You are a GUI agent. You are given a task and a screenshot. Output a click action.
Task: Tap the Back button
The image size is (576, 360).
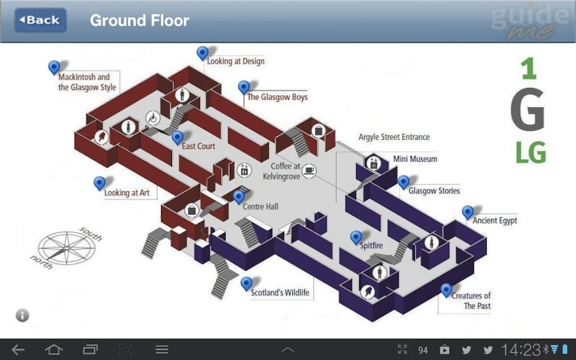tap(40, 20)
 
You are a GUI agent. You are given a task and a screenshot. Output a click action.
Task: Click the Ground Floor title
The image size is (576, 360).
tap(140, 20)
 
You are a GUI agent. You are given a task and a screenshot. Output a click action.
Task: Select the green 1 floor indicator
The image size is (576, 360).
tap(529, 69)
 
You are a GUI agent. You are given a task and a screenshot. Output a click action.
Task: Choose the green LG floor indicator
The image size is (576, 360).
tap(531, 152)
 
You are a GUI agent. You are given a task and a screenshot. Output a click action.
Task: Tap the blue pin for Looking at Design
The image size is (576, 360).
tap(202, 53)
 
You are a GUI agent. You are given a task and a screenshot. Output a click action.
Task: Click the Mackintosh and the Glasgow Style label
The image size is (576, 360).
tap(87, 82)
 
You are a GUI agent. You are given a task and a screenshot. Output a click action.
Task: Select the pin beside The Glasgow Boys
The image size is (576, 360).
tap(243, 88)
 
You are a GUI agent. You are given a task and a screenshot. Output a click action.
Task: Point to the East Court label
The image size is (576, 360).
tap(198, 146)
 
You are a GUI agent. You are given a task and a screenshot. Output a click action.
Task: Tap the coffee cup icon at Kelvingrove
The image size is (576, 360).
tap(309, 171)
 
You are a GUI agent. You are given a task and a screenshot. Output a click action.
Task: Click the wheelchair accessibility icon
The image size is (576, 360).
tap(153, 118)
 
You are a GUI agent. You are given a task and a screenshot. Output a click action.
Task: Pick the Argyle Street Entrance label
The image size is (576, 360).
tap(394, 137)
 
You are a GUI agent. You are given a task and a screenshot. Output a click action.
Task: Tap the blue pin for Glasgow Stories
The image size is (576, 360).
tap(403, 182)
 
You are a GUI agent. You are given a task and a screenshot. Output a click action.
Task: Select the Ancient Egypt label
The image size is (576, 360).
tap(494, 220)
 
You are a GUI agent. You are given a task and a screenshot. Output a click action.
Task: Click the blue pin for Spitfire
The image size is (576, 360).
tap(356, 238)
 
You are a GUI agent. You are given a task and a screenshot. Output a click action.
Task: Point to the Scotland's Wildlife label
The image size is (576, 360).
tap(280, 293)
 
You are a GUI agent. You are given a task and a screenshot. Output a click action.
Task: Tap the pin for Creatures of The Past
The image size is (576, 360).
tap(446, 291)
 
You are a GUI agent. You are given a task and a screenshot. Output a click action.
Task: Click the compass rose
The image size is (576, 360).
tap(67, 248)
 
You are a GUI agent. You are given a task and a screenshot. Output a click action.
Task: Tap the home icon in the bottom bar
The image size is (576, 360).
tap(54, 349)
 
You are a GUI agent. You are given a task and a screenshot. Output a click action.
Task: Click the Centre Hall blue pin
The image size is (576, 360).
tap(239, 197)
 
